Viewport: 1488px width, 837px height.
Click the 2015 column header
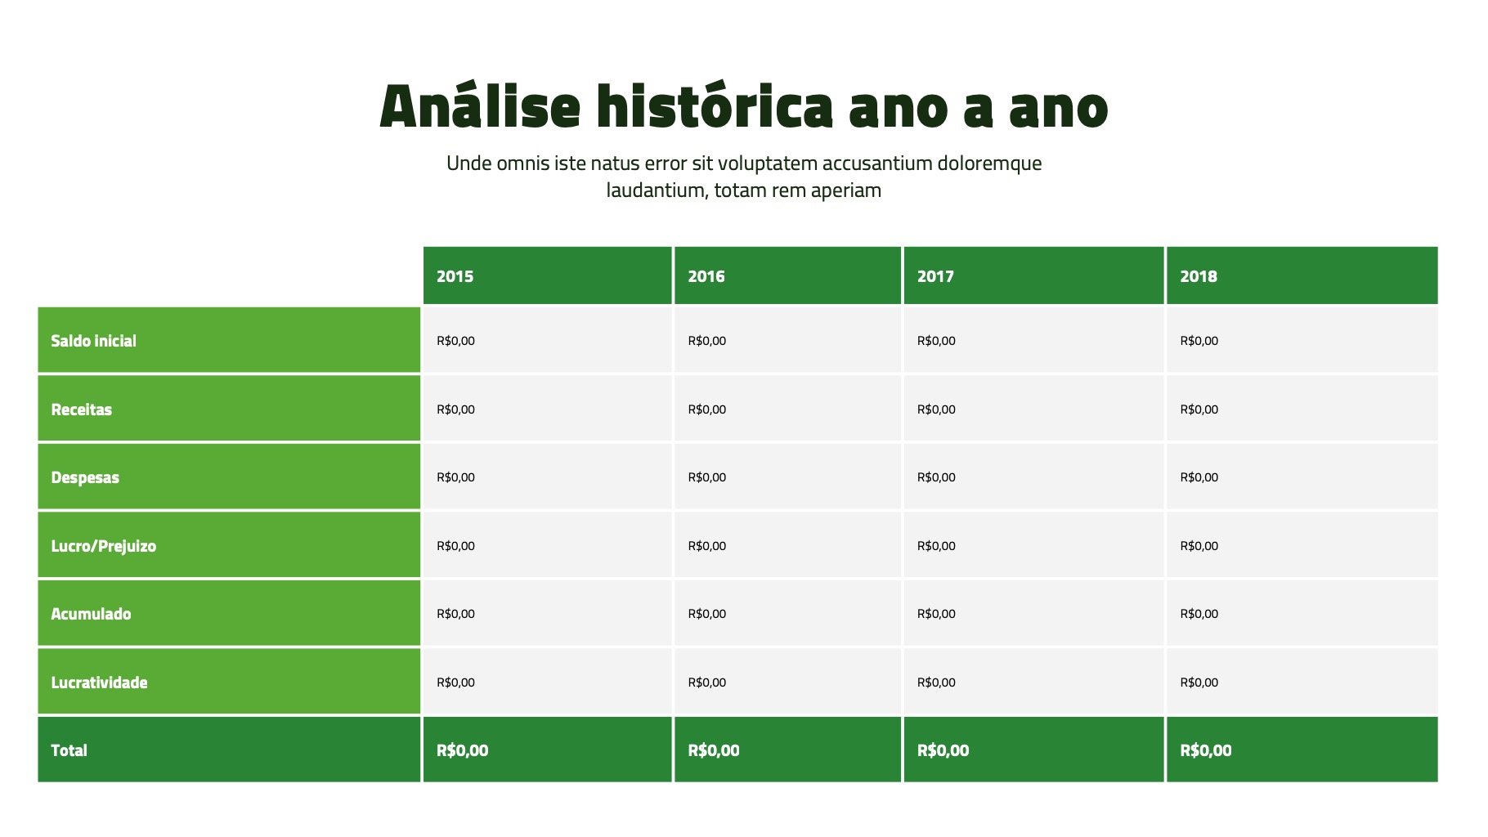455,276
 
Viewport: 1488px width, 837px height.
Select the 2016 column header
706,276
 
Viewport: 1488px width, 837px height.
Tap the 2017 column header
935,276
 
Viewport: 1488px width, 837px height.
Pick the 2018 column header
1199,276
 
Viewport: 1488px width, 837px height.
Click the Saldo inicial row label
93,341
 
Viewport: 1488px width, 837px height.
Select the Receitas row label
81,410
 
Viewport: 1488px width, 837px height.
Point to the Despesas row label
85,478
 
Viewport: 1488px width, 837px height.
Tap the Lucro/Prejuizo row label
103,546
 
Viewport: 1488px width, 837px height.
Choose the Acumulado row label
91,614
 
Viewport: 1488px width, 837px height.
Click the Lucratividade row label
99,683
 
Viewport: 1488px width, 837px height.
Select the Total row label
69,750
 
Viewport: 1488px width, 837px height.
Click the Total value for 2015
462,750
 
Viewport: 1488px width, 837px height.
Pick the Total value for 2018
1205,750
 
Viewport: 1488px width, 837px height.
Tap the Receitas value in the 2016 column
706,410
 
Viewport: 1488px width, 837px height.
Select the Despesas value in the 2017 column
936,477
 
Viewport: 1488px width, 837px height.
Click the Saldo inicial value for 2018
1199,341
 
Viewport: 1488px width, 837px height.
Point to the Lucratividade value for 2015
455,683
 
